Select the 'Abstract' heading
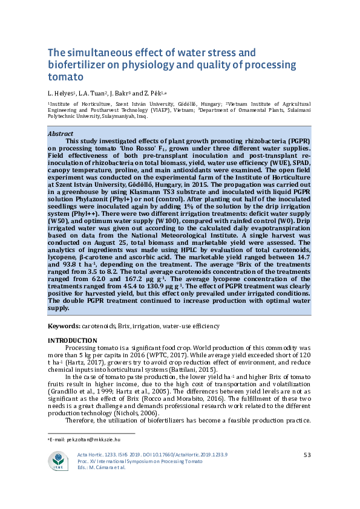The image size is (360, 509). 61,134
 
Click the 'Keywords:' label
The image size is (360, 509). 64,326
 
